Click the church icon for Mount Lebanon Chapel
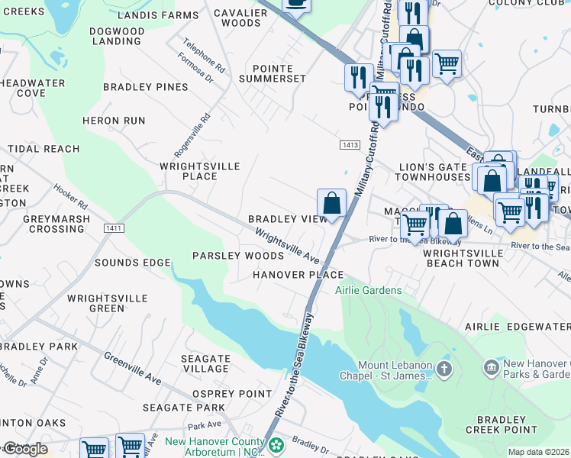(444, 370)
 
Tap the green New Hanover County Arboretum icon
(276, 443)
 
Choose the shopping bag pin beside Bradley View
(331, 205)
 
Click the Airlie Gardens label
(369, 290)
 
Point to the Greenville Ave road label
(133, 367)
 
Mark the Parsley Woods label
(227, 256)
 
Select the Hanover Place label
(298, 274)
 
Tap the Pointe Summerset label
(273, 73)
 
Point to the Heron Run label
(113, 121)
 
